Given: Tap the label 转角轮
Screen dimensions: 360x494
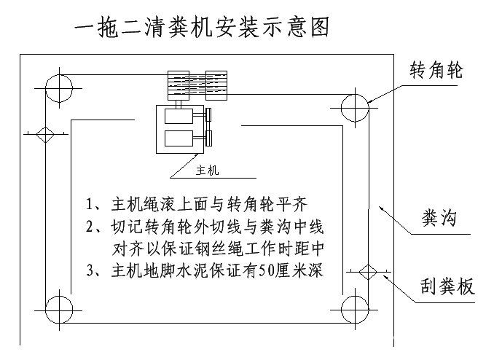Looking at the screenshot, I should (436, 70).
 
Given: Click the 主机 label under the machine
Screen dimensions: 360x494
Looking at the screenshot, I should (208, 171).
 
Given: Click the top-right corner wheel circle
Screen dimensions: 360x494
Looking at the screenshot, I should (355, 107).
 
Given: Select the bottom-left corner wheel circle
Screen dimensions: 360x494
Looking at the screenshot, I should (59, 310).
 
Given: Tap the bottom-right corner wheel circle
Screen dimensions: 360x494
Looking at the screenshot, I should (355, 310).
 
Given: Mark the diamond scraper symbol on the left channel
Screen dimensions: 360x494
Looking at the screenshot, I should (43, 135).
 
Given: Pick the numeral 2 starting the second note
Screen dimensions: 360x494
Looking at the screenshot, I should (90, 226).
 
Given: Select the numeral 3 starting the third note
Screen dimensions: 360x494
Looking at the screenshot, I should (90, 271).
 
